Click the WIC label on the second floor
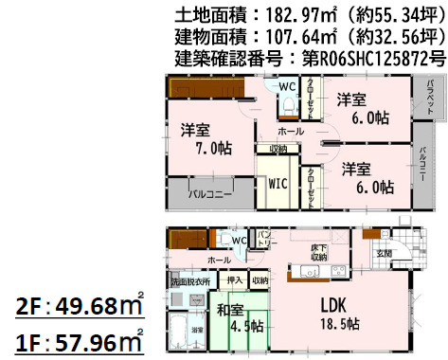tap(278, 180)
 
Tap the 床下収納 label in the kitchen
tap(318, 252)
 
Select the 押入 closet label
tap(234, 280)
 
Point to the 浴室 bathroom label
tap(198, 329)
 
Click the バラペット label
tap(430, 98)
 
